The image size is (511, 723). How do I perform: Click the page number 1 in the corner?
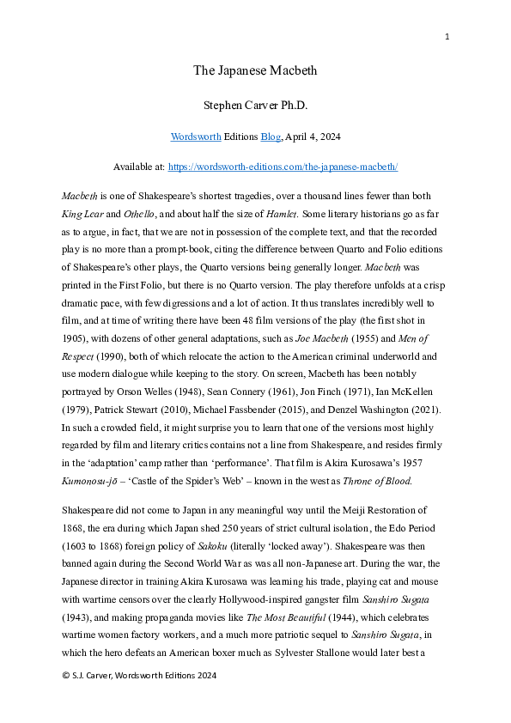pyautogui.click(x=447, y=36)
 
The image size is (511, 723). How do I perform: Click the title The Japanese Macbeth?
pyautogui.click(x=255, y=70)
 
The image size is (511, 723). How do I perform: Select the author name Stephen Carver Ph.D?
pyautogui.click(x=255, y=106)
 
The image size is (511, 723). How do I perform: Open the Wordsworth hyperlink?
pyautogui.click(x=195, y=136)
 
